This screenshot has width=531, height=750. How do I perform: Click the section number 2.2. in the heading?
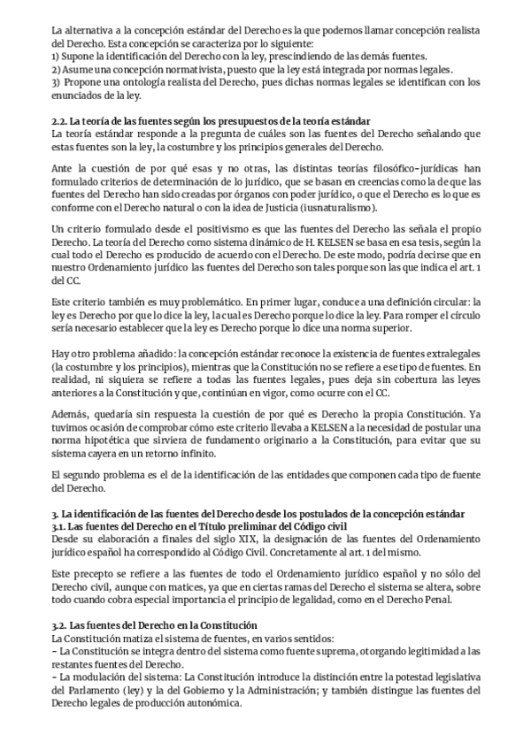[61, 119]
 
